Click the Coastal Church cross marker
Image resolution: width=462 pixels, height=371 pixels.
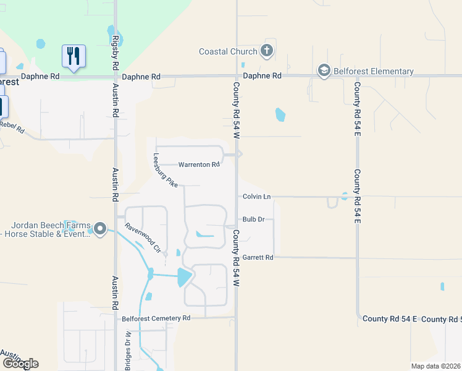pos(267,51)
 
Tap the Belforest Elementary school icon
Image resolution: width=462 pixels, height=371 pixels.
pos(324,71)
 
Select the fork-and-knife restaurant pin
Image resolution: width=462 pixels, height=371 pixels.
pos(73,56)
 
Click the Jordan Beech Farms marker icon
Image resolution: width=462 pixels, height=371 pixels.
pos(100,230)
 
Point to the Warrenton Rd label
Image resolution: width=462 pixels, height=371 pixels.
pos(199,165)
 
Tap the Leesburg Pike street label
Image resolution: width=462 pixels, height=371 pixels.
pos(166,171)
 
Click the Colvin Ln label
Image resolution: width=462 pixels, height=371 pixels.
pos(256,197)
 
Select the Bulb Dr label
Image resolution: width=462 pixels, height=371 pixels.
pos(253,220)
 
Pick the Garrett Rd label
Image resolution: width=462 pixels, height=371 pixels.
pos(258,257)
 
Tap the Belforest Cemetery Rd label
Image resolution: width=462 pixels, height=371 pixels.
pos(156,318)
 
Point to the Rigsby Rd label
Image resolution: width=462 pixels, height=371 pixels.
pos(115,46)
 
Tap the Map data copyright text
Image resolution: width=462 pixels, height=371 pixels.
pos(435,366)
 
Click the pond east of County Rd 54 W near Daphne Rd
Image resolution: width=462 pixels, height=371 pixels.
pos(280,114)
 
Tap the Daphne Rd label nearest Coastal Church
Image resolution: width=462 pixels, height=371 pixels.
pos(262,75)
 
